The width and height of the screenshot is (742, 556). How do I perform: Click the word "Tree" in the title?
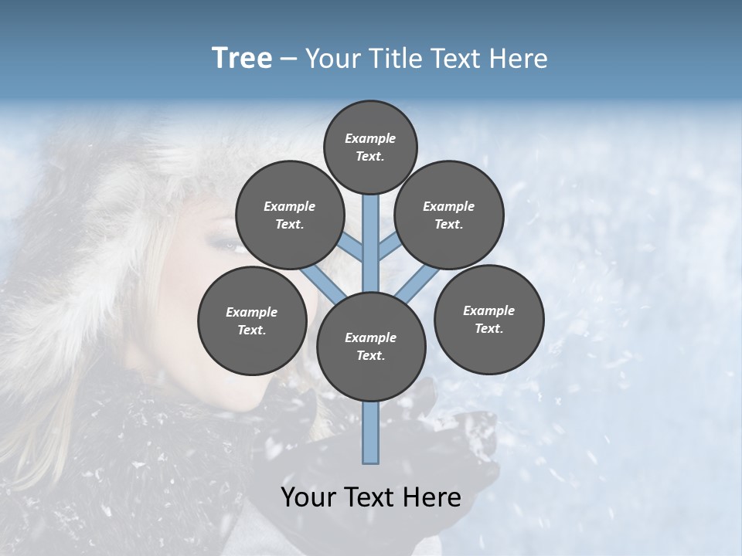point(242,59)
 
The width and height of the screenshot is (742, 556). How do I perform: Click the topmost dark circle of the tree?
point(370,147)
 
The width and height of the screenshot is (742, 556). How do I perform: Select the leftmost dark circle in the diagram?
point(252,320)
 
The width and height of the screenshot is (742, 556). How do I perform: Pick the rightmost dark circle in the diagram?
point(488,319)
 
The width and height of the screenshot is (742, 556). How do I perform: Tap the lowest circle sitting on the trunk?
point(371,346)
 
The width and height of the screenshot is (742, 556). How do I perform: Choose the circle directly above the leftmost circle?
point(289,215)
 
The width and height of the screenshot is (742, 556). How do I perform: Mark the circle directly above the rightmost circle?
point(449,215)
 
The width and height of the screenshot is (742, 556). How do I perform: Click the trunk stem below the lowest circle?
point(371,432)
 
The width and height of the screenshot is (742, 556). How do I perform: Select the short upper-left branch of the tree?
point(352,248)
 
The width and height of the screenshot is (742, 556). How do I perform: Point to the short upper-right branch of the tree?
point(389,247)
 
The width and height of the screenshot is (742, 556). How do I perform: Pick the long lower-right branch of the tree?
point(417,283)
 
